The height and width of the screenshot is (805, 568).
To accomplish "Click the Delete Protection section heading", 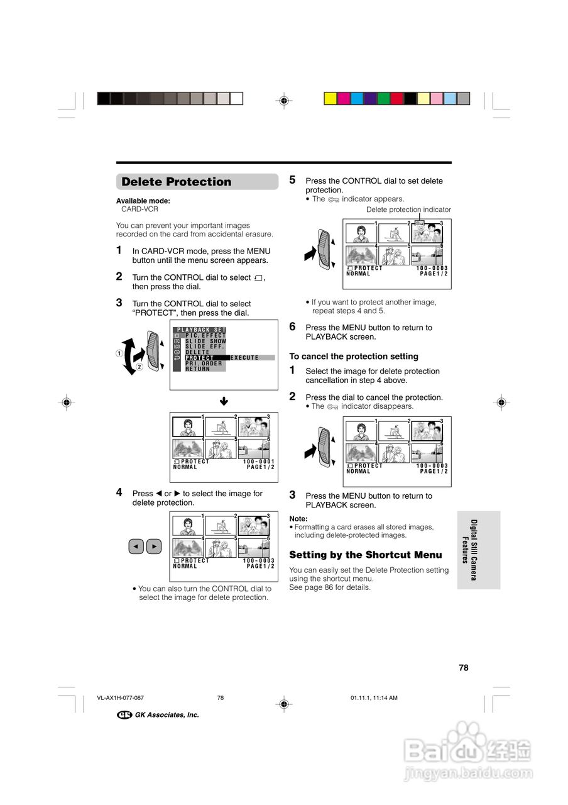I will [x=177, y=182].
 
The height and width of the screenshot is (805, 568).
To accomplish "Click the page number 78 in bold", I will [x=464, y=668].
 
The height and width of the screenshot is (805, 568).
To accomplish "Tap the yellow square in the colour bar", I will [x=330, y=98].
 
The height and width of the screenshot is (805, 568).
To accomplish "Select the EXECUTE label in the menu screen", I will [x=244, y=358].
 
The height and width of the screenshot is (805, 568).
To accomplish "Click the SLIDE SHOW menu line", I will [x=205, y=341].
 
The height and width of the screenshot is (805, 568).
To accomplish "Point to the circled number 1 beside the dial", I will [x=119, y=353].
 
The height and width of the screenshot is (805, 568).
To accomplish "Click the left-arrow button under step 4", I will [x=136, y=547].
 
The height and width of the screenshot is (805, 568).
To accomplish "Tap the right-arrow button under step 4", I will [x=155, y=547].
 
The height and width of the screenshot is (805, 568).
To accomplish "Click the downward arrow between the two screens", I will [x=224, y=401].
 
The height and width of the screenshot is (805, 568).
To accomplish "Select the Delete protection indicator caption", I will [x=408, y=209].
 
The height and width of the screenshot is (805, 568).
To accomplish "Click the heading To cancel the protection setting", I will [x=353, y=356].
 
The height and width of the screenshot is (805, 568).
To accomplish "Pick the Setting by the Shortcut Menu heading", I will [x=366, y=555].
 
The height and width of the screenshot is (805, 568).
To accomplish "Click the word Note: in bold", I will [x=298, y=519].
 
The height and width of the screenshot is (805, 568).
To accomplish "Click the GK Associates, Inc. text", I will [x=167, y=714].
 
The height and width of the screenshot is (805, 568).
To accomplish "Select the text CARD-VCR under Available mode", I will [x=139, y=209].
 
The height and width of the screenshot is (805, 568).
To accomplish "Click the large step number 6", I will [x=292, y=326].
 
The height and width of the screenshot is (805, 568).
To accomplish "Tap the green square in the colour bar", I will [x=383, y=98].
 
